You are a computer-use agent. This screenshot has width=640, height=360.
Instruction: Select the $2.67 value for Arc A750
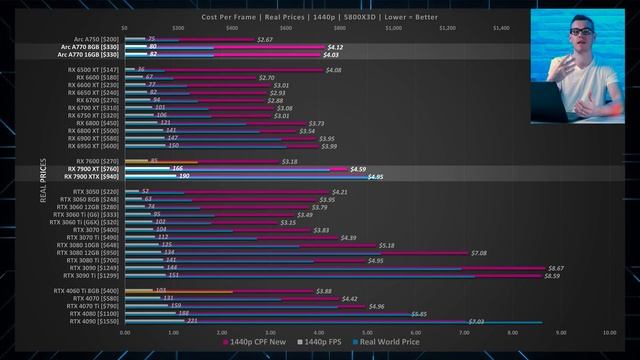tap(265, 39)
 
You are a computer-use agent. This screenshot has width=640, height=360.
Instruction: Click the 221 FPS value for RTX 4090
tap(192, 321)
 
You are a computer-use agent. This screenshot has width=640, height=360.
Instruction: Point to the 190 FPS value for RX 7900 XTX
tap(183, 177)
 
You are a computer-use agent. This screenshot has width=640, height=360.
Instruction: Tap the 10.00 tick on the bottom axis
tap(609, 332)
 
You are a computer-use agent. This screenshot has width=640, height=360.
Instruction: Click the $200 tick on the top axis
tap(178, 28)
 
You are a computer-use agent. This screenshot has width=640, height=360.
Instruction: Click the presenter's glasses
tap(581, 32)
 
